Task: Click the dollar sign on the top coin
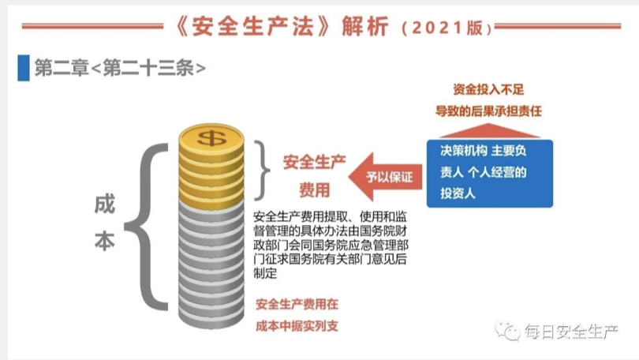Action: click(211, 138)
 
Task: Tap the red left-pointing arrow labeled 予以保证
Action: click(385, 177)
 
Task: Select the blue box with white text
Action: click(489, 174)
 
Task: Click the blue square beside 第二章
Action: click(24, 68)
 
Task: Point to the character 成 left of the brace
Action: click(105, 204)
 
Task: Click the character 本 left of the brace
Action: click(105, 241)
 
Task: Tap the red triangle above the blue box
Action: click(489, 131)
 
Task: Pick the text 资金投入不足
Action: click(488, 89)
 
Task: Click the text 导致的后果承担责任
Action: click(488, 111)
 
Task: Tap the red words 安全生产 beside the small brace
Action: click(314, 163)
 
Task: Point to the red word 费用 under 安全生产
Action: click(314, 190)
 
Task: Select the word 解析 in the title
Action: click(365, 27)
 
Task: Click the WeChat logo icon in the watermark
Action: click(508, 331)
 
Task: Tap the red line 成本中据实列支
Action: click(297, 326)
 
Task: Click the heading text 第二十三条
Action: click(148, 68)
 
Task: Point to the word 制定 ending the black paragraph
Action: click(265, 273)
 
